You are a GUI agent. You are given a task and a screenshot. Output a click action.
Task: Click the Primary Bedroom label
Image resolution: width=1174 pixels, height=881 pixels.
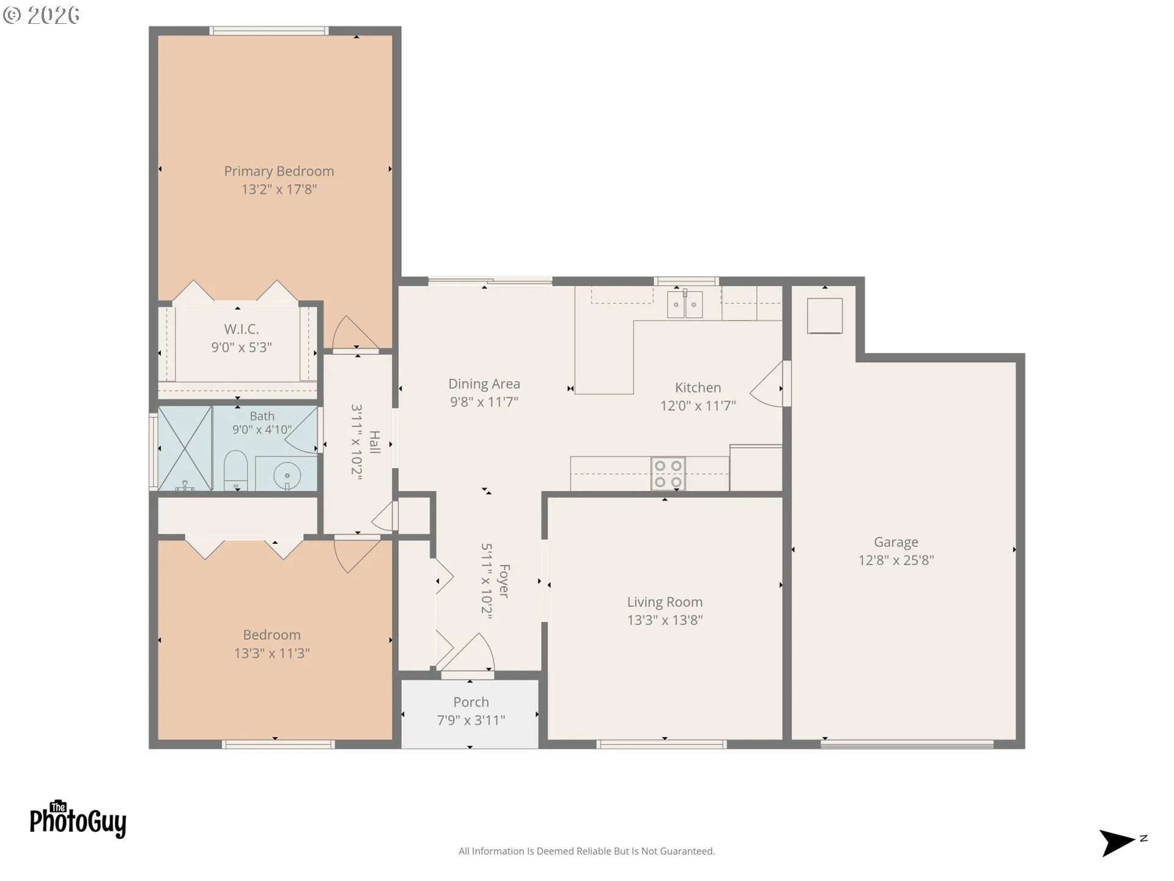tap(279, 172)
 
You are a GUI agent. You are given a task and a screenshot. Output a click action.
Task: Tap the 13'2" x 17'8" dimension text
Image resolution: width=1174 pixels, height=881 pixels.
tap(279, 190)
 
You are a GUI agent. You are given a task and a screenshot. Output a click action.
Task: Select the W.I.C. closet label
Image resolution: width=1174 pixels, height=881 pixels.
tap(242, 329)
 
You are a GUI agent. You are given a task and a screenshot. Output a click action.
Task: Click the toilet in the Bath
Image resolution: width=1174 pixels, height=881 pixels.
tap(235, 470)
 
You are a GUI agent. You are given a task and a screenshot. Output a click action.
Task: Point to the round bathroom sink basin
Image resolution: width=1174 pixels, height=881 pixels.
tap(287, 475)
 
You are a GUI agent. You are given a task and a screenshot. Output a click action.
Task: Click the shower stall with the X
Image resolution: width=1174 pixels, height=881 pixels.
tap(185, 448)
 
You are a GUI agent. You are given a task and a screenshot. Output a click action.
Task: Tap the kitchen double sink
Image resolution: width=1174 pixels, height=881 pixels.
tap(685, 304)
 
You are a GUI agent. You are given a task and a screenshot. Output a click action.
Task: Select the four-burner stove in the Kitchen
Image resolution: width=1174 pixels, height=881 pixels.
tap(668, 474)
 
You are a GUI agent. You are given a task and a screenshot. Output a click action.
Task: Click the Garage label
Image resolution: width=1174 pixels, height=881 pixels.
tap(896, 542)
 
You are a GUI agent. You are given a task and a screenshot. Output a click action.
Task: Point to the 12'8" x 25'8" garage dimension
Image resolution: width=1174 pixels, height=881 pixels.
tap(896, 560)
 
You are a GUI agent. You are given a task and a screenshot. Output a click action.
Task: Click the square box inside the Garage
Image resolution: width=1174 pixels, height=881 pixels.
tap(825, 316)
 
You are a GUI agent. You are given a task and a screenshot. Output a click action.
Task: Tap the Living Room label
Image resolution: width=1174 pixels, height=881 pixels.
tap(665, 602)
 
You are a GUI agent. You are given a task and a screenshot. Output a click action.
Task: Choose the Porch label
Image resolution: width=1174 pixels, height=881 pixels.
tap(471, 702)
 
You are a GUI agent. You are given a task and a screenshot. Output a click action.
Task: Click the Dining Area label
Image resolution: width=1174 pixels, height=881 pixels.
tap(484, 384)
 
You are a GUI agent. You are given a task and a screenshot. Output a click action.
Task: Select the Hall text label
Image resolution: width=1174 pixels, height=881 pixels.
tap(375, 442)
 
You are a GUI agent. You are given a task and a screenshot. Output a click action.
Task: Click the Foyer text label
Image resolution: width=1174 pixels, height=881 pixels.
tap(504, 581)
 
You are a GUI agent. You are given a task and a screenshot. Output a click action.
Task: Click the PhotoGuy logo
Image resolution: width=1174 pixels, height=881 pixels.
tap(78, 819)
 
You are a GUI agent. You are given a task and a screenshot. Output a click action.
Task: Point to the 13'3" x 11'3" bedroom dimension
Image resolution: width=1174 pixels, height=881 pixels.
tap(271, 653)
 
